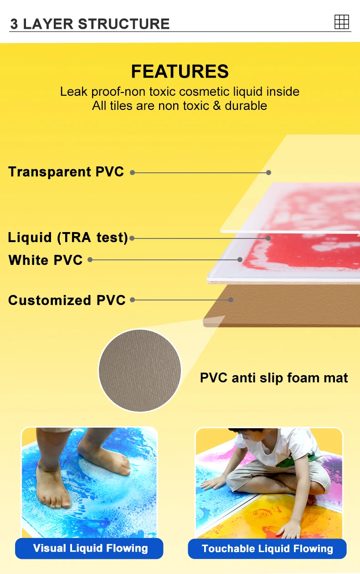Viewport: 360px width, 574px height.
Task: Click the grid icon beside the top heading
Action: coord(341,21)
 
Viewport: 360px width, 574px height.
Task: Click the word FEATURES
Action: coord(180,72)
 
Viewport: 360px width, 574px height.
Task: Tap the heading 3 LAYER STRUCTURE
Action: coord(90,24)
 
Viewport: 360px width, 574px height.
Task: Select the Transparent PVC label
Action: coord(66,172)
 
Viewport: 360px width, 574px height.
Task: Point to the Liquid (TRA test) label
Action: coord(68,238)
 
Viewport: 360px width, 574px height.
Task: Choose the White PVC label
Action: coord(46,260)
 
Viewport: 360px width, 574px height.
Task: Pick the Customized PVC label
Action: coord(67,300)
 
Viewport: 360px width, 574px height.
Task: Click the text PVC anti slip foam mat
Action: coord(274,378)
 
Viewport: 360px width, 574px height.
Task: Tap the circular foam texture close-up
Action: coord(140,370)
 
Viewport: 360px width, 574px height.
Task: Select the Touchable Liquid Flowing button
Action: coord(267,548)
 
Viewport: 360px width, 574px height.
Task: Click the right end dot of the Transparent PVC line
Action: coord(269,172)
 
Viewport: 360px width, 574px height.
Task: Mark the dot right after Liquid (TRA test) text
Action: coord(132,238)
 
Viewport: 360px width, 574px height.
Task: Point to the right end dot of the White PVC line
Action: coord(240,259)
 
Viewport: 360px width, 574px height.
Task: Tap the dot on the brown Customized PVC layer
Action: coord(231,300)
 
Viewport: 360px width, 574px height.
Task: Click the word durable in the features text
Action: coord(246,106)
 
